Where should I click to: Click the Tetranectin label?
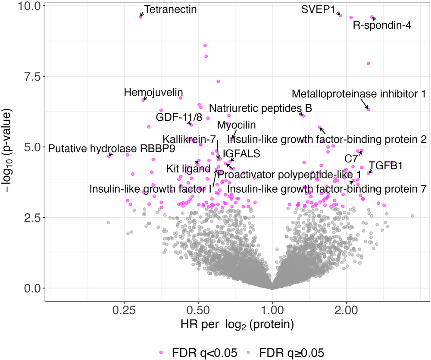tap(170, 9)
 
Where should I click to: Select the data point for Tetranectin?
tap(141, 16)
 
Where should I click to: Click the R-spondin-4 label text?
tap(382, 25)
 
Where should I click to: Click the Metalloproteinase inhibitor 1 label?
tap(359, 94)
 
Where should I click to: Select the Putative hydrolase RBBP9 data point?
tap(109, 156)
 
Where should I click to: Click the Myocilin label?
tap(236, 125)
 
